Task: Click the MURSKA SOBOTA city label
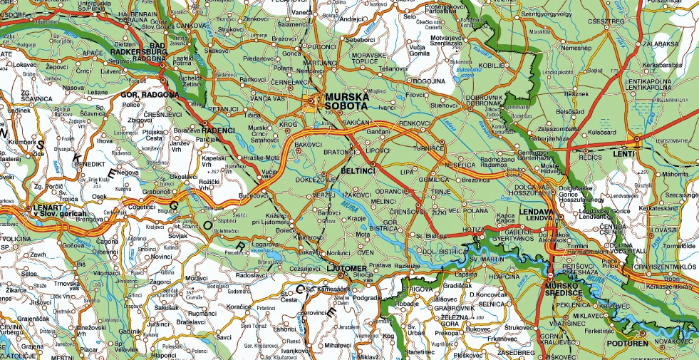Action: click(x=346, y=101)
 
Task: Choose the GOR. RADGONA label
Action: click(x=150, y=94)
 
